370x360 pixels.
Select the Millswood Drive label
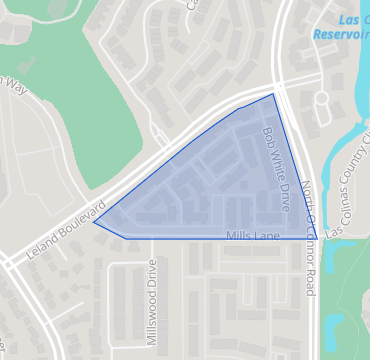(152, 302)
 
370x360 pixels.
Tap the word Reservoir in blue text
(339, 34)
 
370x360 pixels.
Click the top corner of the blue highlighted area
(273, 95)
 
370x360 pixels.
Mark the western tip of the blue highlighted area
(94, 222)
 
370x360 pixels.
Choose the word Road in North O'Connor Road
(311, 281)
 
